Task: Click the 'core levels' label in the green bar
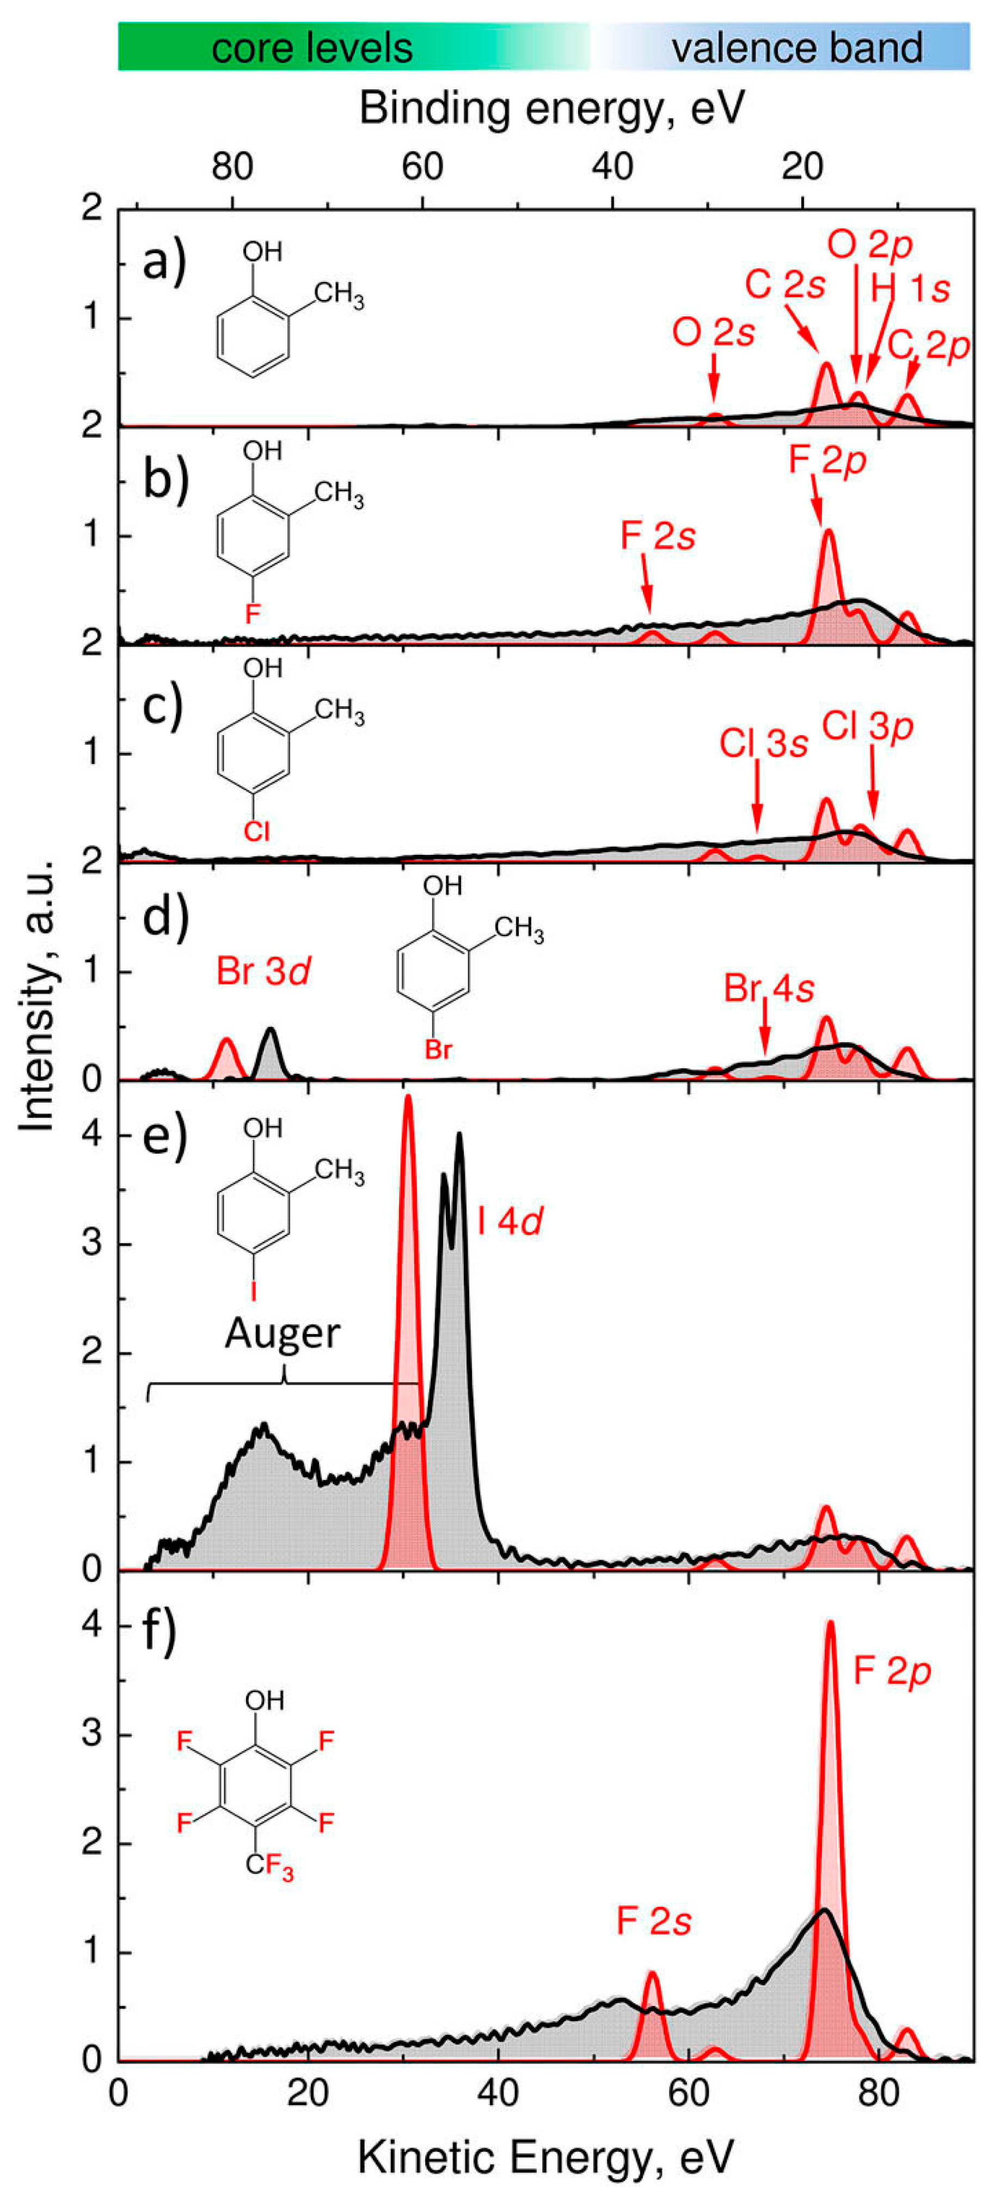point(312,48)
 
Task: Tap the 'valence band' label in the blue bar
point(796,48)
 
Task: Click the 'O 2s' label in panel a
point(714,333)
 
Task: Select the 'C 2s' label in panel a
point(785,285)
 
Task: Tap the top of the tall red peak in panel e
point(408,1098)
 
